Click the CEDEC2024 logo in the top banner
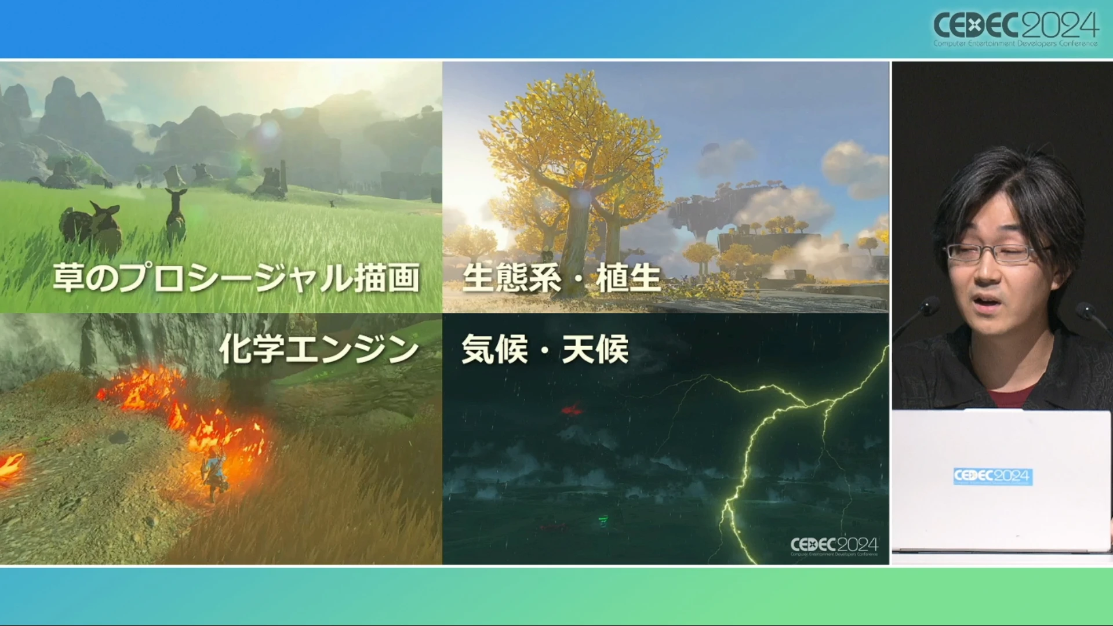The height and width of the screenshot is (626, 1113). pyautogui.click(x=1016, y=28)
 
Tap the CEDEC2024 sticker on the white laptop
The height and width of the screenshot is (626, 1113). pyautogui.click(x=993, y=476)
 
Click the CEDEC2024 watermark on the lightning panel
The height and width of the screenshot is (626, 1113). pyautogui.click(x=834, y=546)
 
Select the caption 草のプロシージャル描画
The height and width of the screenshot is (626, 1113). pyautogui.click(x=236, y=278)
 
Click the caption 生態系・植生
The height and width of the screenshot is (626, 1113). pyautogui.click(x=562, y=278)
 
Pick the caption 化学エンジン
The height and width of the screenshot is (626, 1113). pyautogui.click(x=318, y=349)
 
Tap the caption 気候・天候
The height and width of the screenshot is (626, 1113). pyautogui.click(x=545, y=350)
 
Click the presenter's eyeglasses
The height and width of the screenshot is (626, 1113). pyautogui.click(x=995, y=253)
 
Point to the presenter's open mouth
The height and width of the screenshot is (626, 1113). pyautogui.click(x=985, y=301)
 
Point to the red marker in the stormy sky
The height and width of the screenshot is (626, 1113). pyautogui.click(x=572, y=410)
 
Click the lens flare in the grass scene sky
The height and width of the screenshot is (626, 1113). pyautogui.click(x=269, y=130)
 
